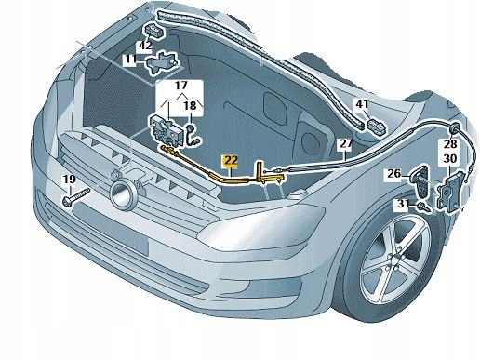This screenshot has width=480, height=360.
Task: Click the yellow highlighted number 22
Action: click(x=229, y=160)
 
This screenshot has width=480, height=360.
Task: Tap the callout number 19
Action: click(x=68, y=180)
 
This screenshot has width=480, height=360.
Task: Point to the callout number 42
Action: click(x=145, y=45)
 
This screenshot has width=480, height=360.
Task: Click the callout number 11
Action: click(x=129, y=60)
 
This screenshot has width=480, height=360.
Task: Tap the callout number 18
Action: click(x=190, y=107)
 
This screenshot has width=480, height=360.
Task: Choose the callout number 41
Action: click(x=362, y=105)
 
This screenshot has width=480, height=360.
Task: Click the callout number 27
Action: click(x=344, y=144)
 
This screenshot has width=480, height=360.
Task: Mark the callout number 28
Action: click(x=450, y=145)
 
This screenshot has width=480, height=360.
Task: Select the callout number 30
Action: click(x=450, y=159)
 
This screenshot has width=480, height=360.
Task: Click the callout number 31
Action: click(x=400, y=204)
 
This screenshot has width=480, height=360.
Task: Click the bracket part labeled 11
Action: click(x=163, y=63)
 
